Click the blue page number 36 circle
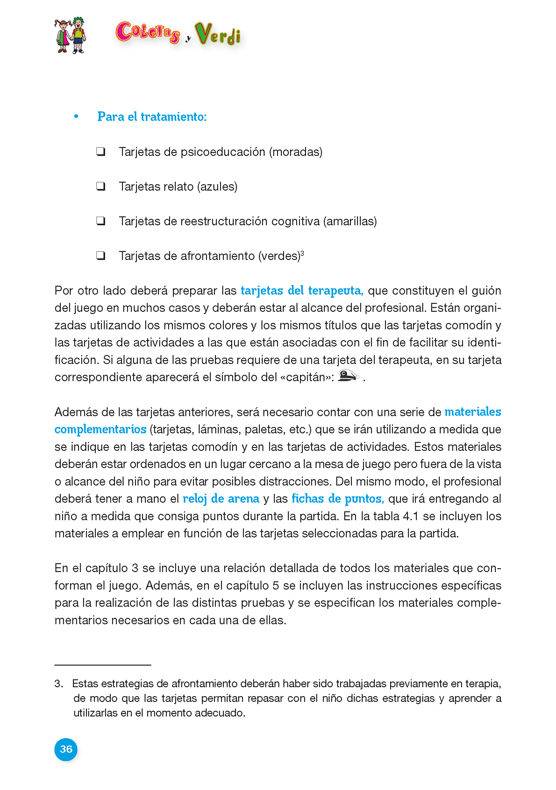pos(66,749)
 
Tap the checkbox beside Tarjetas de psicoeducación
pos(101,151)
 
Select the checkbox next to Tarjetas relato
pos(101,186)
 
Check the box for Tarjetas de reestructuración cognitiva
pos(101,221)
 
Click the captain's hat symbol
pos(348,375)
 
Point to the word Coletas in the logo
pos(148,33)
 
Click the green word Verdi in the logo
pos(217,34)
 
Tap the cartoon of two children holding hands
pos(70,35)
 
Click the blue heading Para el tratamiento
pos(152,117)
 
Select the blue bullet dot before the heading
pos(76,117)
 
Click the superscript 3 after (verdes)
pos(302,253)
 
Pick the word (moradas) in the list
pos(296,152)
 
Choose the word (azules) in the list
pos(217,186)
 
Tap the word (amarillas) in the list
pos(350,221)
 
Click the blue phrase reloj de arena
pos(221,499)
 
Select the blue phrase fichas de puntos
pos(337,499)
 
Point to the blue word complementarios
pos(101,429)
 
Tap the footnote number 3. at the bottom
pos(59,683)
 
